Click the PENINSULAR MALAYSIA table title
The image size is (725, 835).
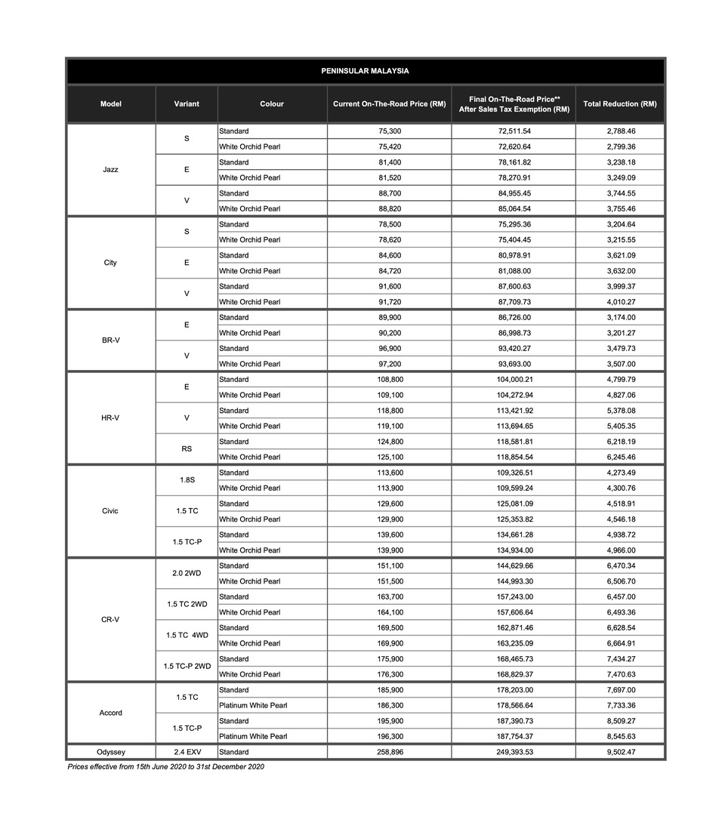coord(366,71)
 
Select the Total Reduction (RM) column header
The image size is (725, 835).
coord(619,104)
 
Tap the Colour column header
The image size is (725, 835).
coord(272,104)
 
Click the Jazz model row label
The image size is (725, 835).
coord(110,170)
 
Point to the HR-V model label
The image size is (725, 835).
coord(110,417)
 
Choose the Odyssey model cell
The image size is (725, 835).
coord(110,752)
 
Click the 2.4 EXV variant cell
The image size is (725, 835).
coord(187,752)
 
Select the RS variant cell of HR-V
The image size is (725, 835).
coord(187,449)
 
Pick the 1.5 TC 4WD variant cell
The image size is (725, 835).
coord(187,636)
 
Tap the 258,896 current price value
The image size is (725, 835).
coord(389,752)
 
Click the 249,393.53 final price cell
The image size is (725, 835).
coord(514,752)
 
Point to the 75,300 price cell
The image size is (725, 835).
coord(389,131)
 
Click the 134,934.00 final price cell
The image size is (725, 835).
coord(514,550)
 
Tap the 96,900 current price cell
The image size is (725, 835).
coord(389,349)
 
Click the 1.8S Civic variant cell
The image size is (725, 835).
coord(187,480)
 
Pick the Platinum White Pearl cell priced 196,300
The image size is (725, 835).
coord(252,736)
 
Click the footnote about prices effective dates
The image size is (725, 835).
coord(165,767)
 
